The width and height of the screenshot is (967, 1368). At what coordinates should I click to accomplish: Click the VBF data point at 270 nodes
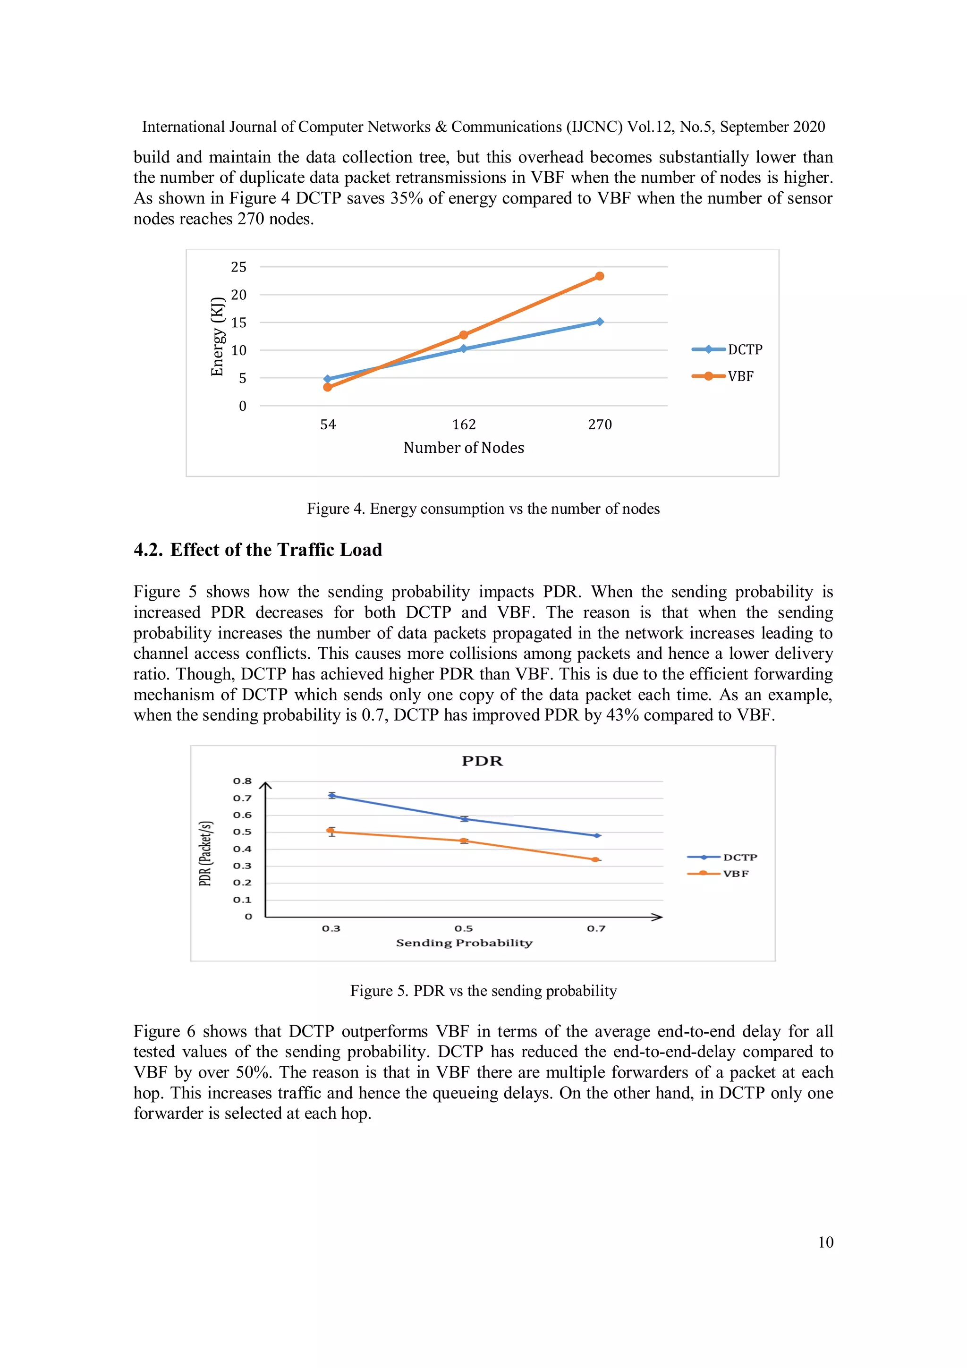pos(599,276)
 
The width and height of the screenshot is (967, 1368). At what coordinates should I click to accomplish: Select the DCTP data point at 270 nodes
pos(599,322)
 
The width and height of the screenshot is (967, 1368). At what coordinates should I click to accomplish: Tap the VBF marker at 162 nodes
pos(464,335)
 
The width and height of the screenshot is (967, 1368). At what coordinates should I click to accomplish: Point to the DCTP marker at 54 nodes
pos(327,379)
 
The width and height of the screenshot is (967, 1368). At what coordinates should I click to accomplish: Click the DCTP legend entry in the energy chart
pos(727,350)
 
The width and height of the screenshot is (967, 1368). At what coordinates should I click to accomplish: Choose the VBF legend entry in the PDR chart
pos(718,874)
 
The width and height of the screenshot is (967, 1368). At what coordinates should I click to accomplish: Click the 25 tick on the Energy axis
pos(238,267)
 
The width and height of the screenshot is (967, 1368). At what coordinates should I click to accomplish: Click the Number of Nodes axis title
pos(464,448)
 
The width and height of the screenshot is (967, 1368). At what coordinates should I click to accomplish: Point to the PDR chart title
pos(482,761)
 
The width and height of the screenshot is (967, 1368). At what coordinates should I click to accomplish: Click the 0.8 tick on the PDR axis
pos(242,781)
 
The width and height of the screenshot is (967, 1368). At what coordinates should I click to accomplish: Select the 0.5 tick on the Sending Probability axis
pos(464,928)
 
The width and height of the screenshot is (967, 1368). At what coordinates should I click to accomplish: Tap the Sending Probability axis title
pos(464,943)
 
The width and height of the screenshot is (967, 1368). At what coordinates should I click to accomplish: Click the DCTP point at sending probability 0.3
pos(332,795)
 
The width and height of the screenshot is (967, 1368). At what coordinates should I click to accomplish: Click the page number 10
pos(825,1242)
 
